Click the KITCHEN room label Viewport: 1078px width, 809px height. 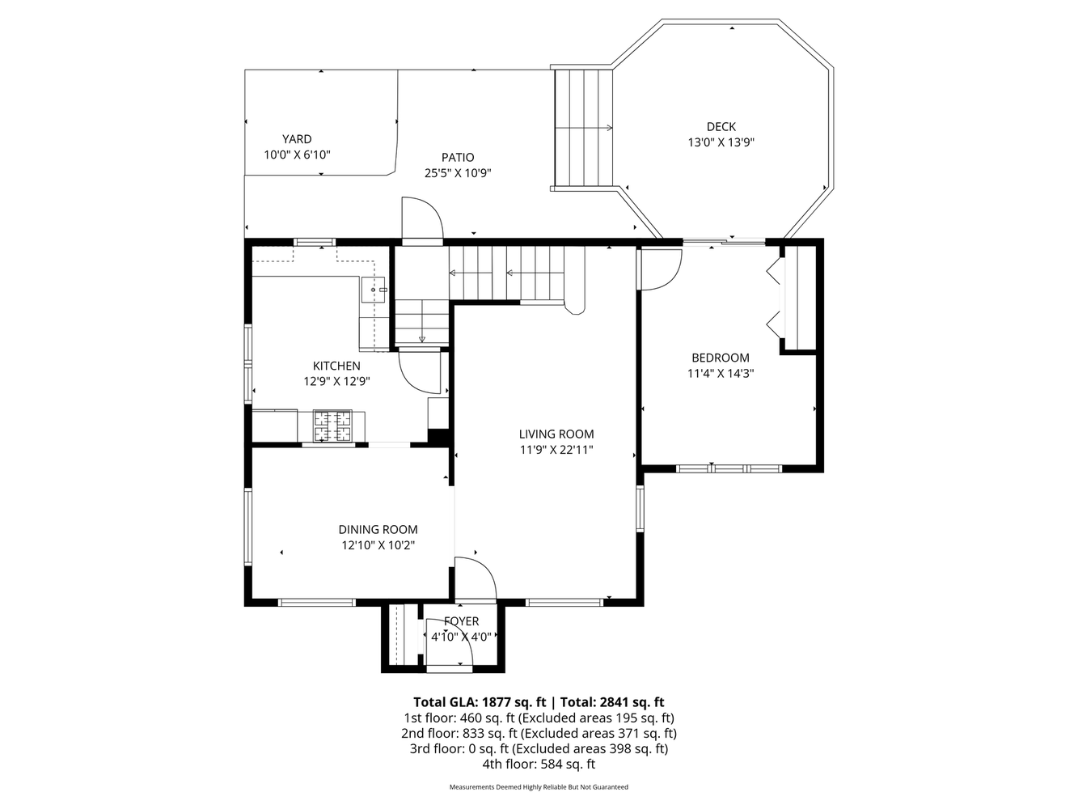pos(336,366)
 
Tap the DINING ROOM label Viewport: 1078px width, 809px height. pos(378,529)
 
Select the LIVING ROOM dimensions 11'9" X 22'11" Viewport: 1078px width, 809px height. pos(556,450)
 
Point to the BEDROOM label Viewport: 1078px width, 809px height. pos(720,358)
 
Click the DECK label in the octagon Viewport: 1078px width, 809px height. pos(721,126)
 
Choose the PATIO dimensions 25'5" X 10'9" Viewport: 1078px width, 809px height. pos(458,172)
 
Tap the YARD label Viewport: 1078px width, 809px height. pos(297,139)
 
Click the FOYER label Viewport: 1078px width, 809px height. pos(461,621)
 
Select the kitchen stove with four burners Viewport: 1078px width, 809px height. pos(333,426)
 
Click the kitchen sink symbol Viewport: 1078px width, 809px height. pos(375,288)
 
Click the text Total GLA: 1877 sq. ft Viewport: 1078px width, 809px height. pos(480,702)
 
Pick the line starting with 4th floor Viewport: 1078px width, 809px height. pos(539,764)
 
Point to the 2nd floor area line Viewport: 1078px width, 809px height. pos(539,733)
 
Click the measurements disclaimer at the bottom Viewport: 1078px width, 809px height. pos(539,786)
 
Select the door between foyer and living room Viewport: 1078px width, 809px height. pos(476,579)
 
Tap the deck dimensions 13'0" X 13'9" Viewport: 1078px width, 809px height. pos(721,142)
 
